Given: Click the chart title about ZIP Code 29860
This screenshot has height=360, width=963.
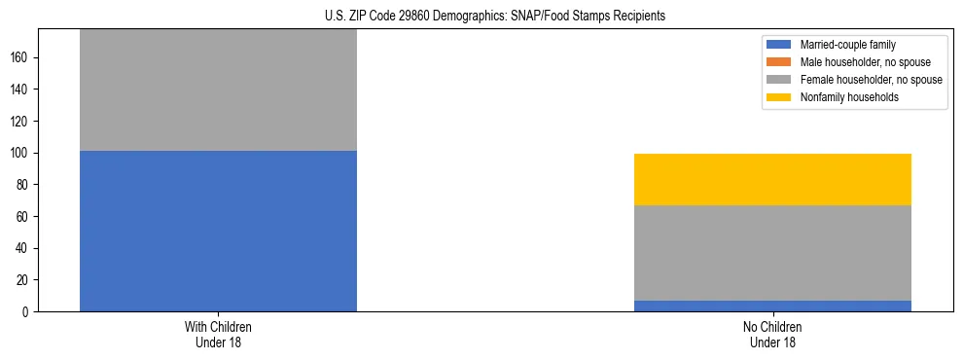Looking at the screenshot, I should tap(495, 17).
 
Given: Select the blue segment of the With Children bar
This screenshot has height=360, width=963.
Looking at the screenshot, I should tap(218, 231).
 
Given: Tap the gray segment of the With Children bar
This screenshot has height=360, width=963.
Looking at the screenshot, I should tap(218, 90).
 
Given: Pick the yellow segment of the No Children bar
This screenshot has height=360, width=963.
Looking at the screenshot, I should tap(772, 179).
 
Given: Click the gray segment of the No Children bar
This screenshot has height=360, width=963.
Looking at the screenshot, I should tap(772, 253).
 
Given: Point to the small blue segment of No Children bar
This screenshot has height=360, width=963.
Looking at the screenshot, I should tap(772, 306).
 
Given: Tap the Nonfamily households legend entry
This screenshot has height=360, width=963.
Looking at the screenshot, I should tap(842, 97).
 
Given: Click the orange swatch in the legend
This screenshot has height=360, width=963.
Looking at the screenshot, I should tap(779, 62).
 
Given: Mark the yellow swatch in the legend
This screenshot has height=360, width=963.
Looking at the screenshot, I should tap(779, 97).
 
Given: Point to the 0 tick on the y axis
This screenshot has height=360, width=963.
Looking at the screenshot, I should tap(27, 311).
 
